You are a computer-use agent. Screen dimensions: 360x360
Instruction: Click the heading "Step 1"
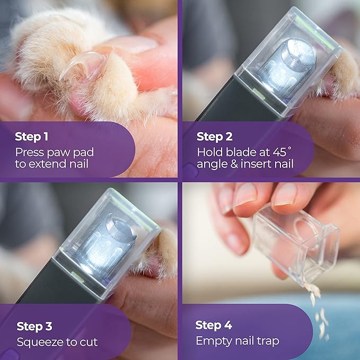click(x=31, y=137)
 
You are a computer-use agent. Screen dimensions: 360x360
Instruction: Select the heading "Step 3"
click(x=33, y=326)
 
